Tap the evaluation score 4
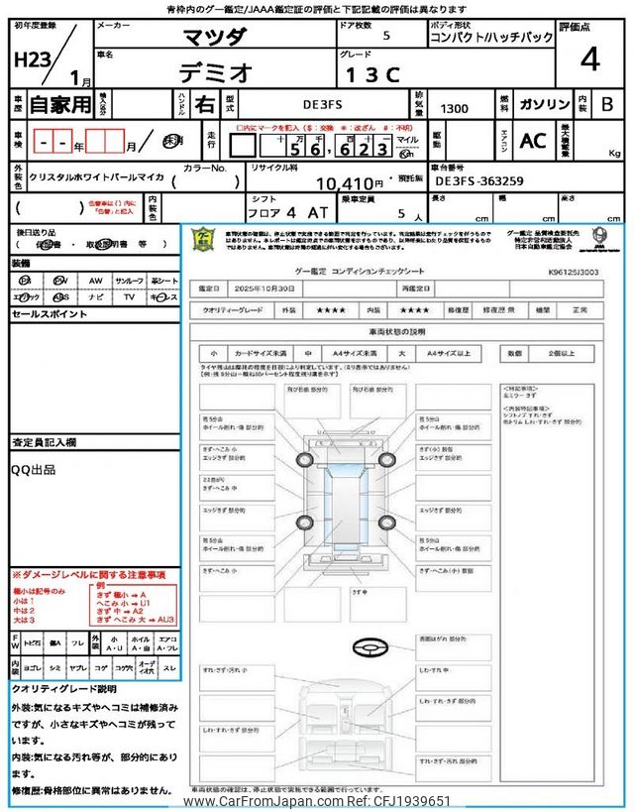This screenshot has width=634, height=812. [x=590, y=59]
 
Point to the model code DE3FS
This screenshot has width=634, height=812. [x=325, y=103]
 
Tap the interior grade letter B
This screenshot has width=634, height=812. [x=608, y=104]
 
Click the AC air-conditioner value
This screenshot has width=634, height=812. [x=533, y=141]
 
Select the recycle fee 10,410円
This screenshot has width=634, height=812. [x=349, y=183]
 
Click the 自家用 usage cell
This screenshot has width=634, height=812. [x=59, y=104]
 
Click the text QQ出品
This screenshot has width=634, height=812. [x=33, y=469]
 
